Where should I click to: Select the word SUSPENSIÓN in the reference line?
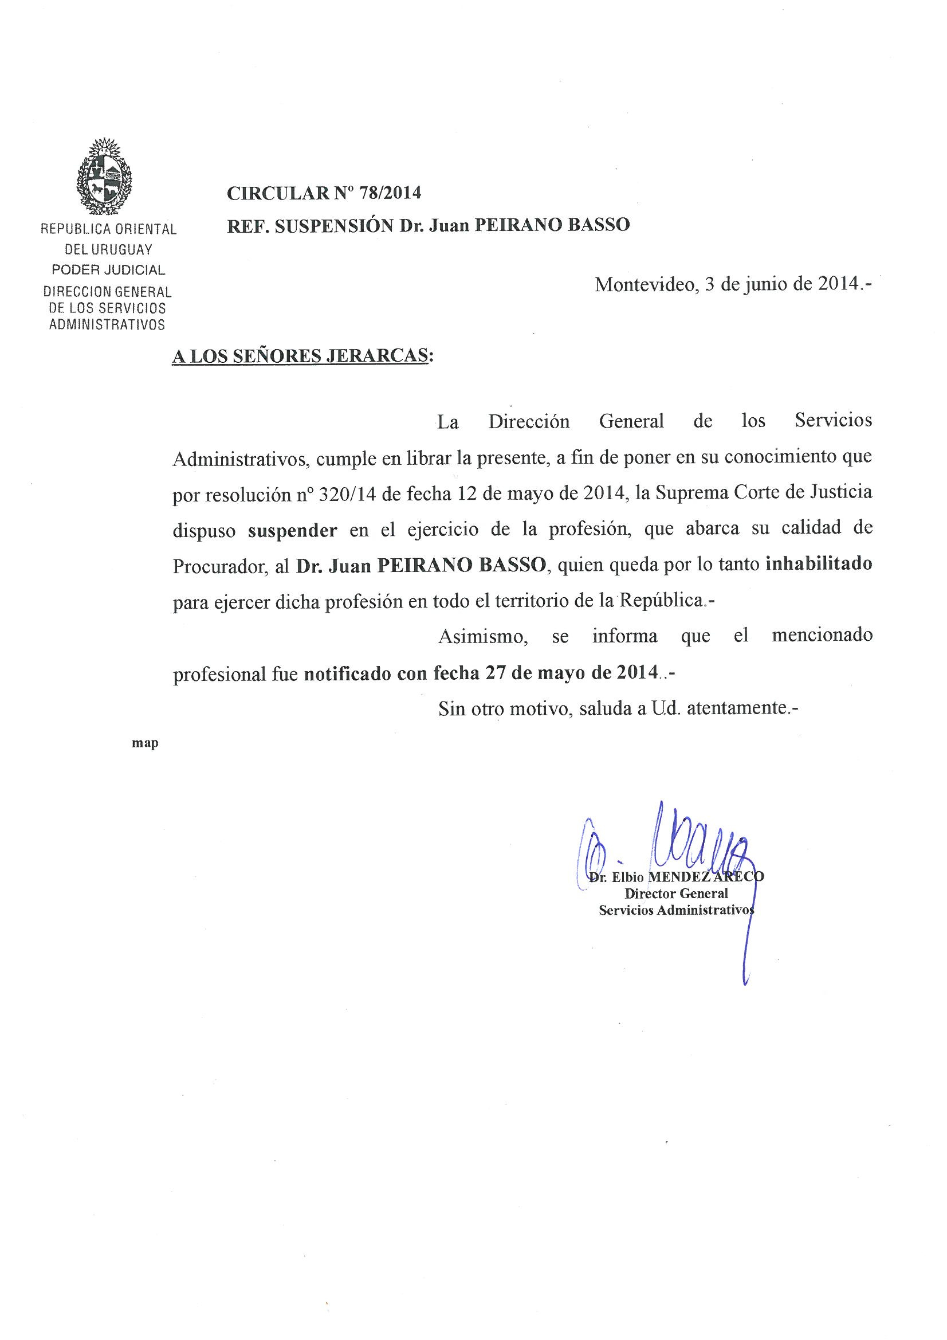[x=335, y=225]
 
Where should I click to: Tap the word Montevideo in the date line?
[x=644, y=284]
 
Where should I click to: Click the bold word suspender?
[x=292, y=531]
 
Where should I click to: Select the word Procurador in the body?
[x=219, y=566]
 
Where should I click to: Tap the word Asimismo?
[x=483, y=636]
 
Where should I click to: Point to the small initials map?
[x=146, y=743]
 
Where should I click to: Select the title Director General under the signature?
[x=676, y=893]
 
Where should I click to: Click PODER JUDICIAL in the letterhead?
[x=108, y=269]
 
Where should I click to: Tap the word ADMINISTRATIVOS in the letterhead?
[x=107, y=324]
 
